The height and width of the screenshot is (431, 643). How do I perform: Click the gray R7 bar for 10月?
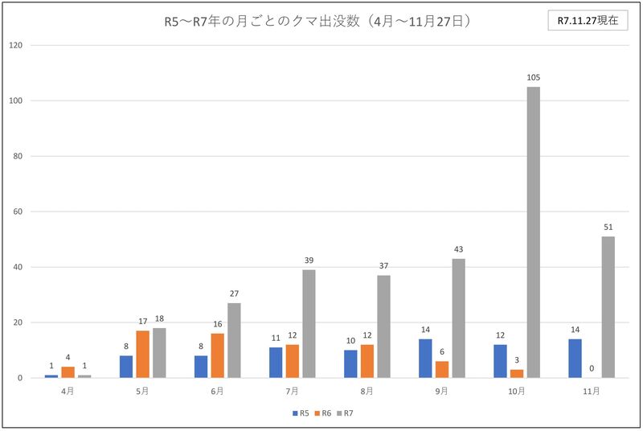coord(534,232)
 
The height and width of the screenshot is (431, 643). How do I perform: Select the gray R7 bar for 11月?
coord(608,307)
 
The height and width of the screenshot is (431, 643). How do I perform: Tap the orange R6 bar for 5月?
coord(142,355)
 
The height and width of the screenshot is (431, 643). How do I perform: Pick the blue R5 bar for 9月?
coord(425,359)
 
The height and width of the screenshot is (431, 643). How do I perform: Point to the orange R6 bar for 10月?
coord(517,374)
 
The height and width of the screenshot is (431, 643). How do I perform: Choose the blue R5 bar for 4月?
coord(51,376)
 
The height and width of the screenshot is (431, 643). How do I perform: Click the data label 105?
coord(534,77)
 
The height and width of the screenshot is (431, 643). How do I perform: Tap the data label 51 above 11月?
coord(608,228)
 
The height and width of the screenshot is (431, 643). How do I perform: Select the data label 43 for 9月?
coord(458,249)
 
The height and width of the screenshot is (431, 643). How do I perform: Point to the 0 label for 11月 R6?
coord(592,368)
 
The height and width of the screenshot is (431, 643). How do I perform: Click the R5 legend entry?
coord(301,413)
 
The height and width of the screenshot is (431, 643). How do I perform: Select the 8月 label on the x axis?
coord(367,391)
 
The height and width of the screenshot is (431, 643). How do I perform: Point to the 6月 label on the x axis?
coord(217,391)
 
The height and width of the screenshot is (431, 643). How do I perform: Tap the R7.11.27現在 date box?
coord(588,22)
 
